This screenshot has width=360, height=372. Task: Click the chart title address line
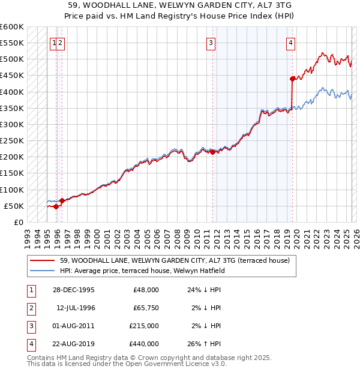tap(179, 4)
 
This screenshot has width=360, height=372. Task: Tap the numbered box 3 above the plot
tap(211, 43)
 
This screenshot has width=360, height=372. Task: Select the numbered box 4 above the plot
tap(290, 43)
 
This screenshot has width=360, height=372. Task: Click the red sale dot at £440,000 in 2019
tap(292, 79)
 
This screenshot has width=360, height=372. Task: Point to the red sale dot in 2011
tap(213, 152)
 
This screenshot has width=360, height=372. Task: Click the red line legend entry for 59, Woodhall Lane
tap(175, 260)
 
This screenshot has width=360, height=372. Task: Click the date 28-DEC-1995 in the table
tap(74, 290)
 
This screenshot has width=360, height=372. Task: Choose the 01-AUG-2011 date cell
tap(74, 326)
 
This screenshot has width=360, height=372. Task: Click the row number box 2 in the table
tap(31, 308)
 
